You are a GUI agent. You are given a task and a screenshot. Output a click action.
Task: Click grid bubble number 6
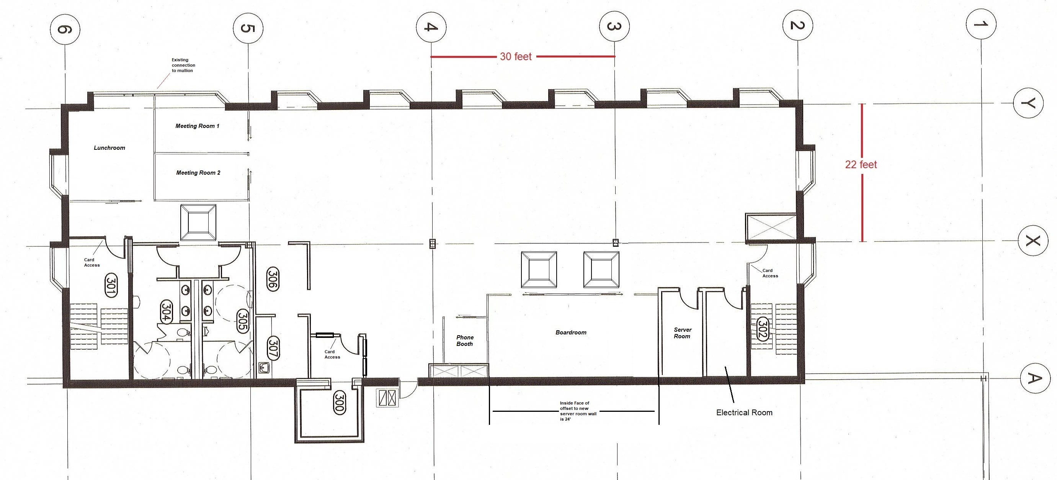[x=65, y=29]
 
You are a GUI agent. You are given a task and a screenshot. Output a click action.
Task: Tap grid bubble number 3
[x=614, y=27]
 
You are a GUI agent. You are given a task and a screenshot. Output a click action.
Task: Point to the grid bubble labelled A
[x=1035, y=378]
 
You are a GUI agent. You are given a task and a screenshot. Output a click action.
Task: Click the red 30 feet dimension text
[x=516, y=57]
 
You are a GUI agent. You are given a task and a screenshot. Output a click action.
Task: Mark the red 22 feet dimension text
[x=861, y=165]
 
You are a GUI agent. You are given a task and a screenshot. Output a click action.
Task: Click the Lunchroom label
[x=109, y=148]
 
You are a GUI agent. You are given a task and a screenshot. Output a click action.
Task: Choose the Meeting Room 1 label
[x=198, y=126]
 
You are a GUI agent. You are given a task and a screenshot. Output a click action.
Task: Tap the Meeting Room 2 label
[x=198, y=173]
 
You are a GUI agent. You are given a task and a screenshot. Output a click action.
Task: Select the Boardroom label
[x=571, y=333]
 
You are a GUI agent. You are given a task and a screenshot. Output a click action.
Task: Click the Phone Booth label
[x=465, y=341]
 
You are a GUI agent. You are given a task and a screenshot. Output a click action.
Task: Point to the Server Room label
[x=682, y=333]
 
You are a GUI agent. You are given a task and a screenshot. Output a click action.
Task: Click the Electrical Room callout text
[x=744, y=413]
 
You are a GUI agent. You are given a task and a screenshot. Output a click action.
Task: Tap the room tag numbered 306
[x=273, y=279]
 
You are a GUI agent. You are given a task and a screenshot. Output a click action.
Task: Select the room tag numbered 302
[x=762, y=329]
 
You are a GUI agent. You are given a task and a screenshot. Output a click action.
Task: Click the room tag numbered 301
[x=111, y=285]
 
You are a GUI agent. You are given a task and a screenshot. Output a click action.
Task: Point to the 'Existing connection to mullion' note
[x=183, y=65]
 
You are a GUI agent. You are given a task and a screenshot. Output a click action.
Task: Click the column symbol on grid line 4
[x=432, y=244]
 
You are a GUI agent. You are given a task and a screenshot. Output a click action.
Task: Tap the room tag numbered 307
[x=273, y=348]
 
